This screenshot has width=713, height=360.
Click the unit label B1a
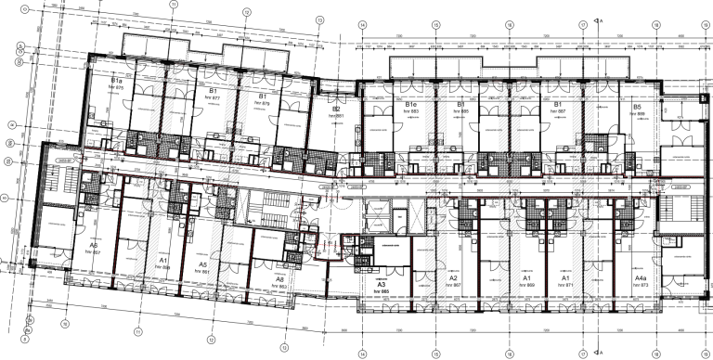[118, 82]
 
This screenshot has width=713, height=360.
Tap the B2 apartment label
[337, 109]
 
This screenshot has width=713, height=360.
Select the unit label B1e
[411, 106]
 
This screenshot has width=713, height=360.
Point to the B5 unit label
[637, 108]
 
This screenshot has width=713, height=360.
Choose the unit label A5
[202, 264]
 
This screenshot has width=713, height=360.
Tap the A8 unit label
[279, 278]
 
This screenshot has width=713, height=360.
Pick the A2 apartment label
[454, 278]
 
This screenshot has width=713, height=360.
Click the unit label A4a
[640, 278]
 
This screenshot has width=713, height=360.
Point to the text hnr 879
[263, 102]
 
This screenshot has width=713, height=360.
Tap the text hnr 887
[559, 112]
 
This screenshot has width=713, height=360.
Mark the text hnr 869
[525, 285]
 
